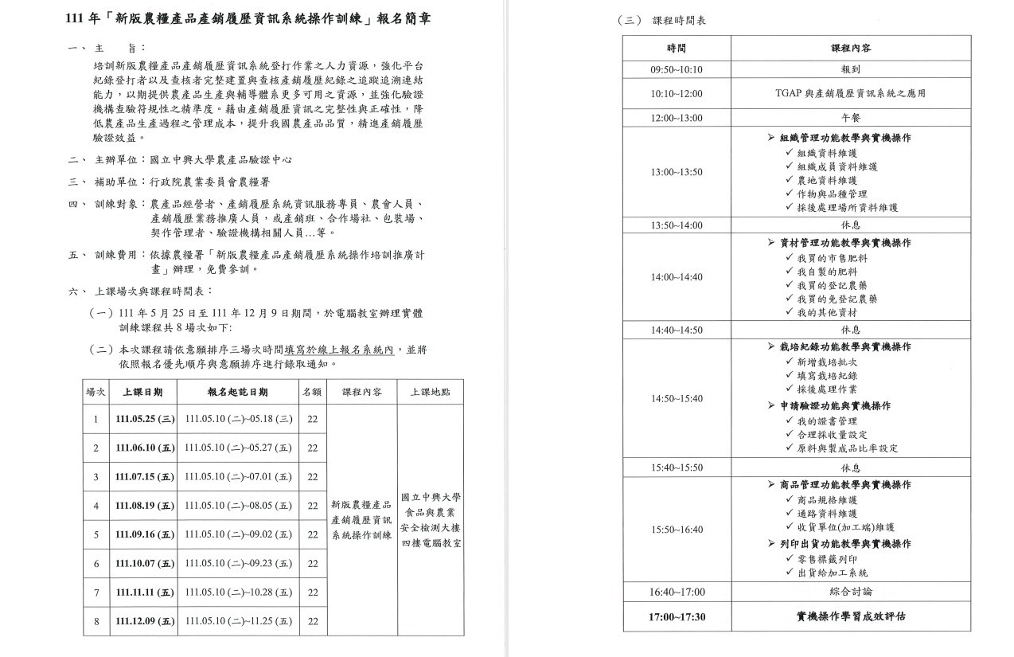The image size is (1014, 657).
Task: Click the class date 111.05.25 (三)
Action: (x=144, y=419)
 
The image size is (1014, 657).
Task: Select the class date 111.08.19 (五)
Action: (x=144, y=506)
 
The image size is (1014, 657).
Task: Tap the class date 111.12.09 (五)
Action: (x=144, y=621)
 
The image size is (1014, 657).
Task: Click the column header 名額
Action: (x=312, y=392)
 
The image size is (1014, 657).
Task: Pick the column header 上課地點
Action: (x=430, y=392)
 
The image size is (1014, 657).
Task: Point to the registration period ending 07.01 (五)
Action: (x=239, y=477)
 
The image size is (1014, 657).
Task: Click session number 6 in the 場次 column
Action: (x=96, y=564)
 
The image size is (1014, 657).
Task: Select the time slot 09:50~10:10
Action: (x=677, y=70)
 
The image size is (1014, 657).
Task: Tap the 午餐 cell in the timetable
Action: (x=850, y=118)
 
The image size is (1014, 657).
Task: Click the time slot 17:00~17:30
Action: (x=677, y=616)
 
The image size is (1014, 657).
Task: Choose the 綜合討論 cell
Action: (x=850, y=592)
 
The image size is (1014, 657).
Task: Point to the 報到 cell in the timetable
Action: (x=850, y=70)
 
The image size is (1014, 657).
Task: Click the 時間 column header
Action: (x=677, y=48)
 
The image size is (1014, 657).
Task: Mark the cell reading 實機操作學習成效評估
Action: (x=850, y=616)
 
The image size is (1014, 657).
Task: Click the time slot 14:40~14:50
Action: (x=677, y=330)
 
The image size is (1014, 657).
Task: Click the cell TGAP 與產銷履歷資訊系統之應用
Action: (x=850, y=94)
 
